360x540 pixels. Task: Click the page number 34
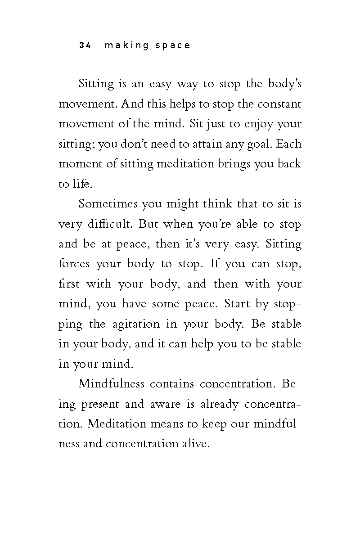(85, 45)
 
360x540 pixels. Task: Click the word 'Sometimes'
(108, 204)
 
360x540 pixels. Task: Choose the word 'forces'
(74, 264)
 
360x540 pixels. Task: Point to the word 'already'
(219, 404)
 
